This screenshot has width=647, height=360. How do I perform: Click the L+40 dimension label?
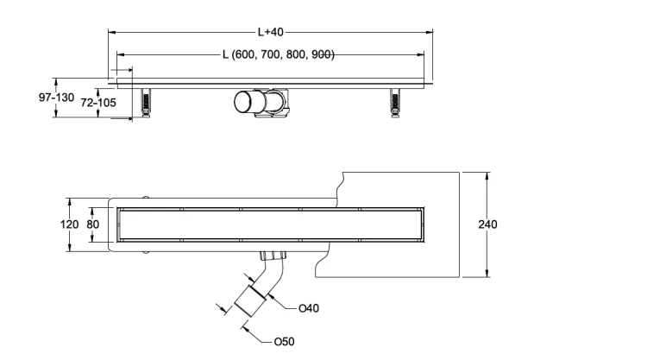coord(271,32)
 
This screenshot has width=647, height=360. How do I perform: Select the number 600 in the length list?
coord(244,54)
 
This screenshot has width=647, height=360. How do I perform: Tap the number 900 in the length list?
coord(322,54)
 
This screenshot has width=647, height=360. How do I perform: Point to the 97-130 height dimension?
coord(57,98)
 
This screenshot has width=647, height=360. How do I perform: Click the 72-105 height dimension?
coord(98,103)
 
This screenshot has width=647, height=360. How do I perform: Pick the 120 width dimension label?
coord(69,224)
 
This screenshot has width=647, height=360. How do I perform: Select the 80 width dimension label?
coord(93,224)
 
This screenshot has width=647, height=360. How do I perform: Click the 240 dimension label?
coord(487,224)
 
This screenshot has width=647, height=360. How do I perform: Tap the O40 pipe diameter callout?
coord(309,308)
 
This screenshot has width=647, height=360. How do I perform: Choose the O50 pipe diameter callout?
coord(285,342)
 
